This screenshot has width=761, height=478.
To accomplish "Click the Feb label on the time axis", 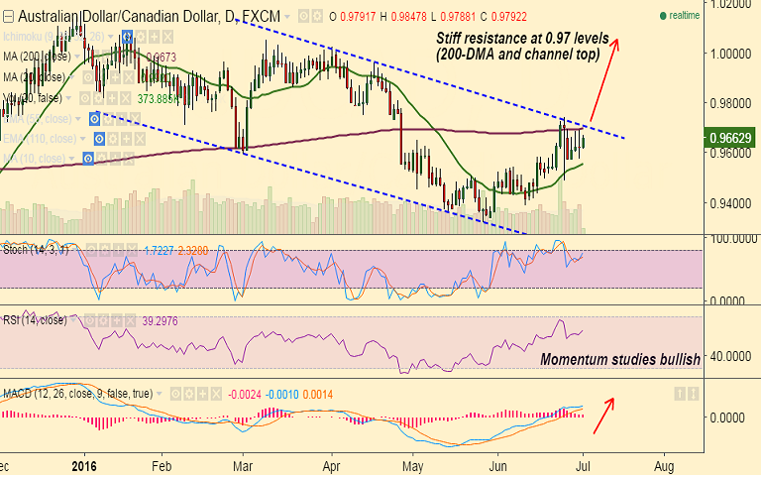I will [x=162, y=464].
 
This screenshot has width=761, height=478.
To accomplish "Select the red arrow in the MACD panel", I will [x=605, y=416].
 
